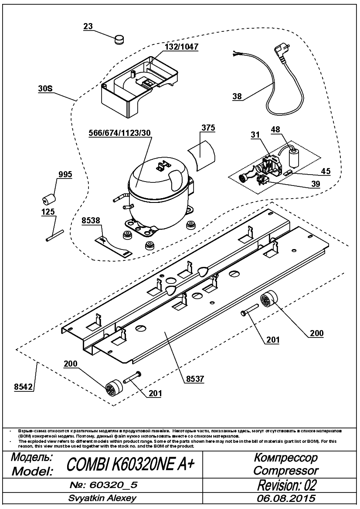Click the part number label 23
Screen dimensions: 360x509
coord(88,27)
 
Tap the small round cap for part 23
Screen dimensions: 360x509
coord(119,40)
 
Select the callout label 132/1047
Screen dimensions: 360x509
coord(182,47)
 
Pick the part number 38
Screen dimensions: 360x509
coord(238,96)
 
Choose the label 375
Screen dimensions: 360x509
coord(208,128)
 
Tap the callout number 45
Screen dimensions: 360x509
coord(325,171)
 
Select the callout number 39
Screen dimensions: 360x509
coord(316,184)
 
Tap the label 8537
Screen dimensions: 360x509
coord(195,379)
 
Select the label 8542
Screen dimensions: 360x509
coord(24,387)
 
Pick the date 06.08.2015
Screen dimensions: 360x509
coord(286,498)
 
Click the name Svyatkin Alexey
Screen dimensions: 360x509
coord(102,498)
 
